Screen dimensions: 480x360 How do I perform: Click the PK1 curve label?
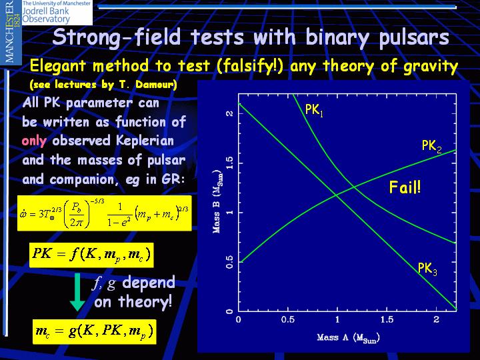click(x=314, y=110)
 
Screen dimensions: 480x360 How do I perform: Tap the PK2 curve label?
click(x=431, y=146)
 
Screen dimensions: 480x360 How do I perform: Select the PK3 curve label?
click(x=427, y=269)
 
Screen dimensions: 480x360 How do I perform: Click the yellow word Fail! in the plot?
click(x=405, y=187)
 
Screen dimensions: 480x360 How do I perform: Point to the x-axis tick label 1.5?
click(x=387, y=319)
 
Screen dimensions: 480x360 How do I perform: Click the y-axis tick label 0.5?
click(x=229, y=262)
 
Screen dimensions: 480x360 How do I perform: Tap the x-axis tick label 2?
click(x=436, y=319)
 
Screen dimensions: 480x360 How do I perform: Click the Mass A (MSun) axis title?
click(x=349, y=337)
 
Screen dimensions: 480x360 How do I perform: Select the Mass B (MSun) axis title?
click(x=217, y=201)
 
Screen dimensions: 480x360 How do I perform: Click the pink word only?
click(x=34, y=141)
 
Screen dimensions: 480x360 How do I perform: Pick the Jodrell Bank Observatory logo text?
click(x=56, y=13)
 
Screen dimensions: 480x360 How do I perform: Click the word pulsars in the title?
click(x=414, y=38)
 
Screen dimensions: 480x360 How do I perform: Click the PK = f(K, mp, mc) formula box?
click(x=91, y=255)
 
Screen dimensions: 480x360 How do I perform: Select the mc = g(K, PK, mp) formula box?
click(x=95, y=332)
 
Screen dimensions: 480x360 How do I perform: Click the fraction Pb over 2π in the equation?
click(x=76, y=214)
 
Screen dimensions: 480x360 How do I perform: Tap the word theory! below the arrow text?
click(x=145, y=302)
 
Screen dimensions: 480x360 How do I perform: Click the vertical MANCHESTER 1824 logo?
click(x=11, y=32)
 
